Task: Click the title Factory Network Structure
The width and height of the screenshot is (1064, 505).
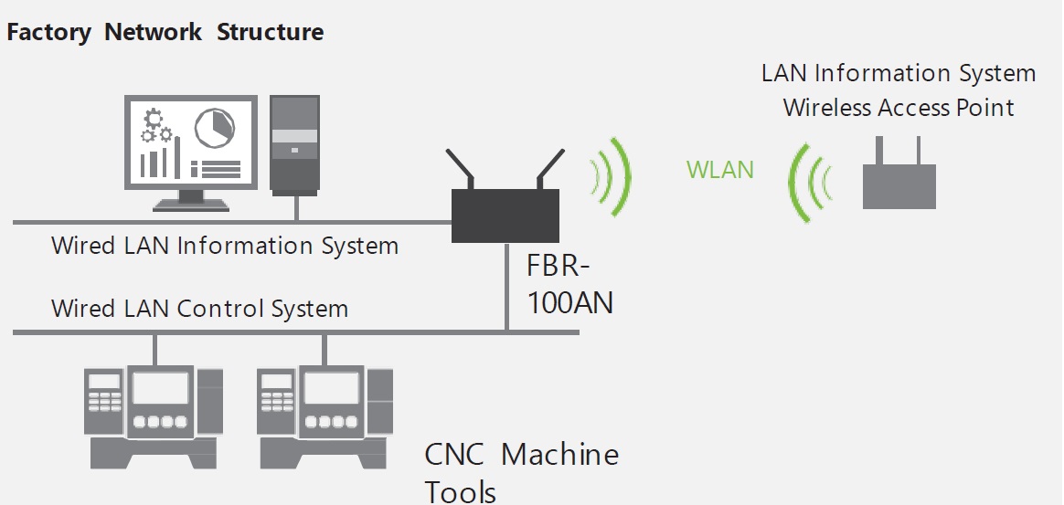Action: (x=165, y=33)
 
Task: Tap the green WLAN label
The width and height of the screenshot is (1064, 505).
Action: (x=720, y=170)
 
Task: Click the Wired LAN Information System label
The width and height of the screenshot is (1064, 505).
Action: (x=225, y=246)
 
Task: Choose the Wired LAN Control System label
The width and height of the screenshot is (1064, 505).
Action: (x=199, y=309)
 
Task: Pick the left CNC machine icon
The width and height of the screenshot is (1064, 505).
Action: (x=153, y=415)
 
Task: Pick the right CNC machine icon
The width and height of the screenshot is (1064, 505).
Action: (x=325, y=415)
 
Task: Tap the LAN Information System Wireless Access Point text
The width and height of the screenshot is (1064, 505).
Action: (x=899, y=89)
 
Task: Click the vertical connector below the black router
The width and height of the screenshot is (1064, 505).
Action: (x=506, y=287)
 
